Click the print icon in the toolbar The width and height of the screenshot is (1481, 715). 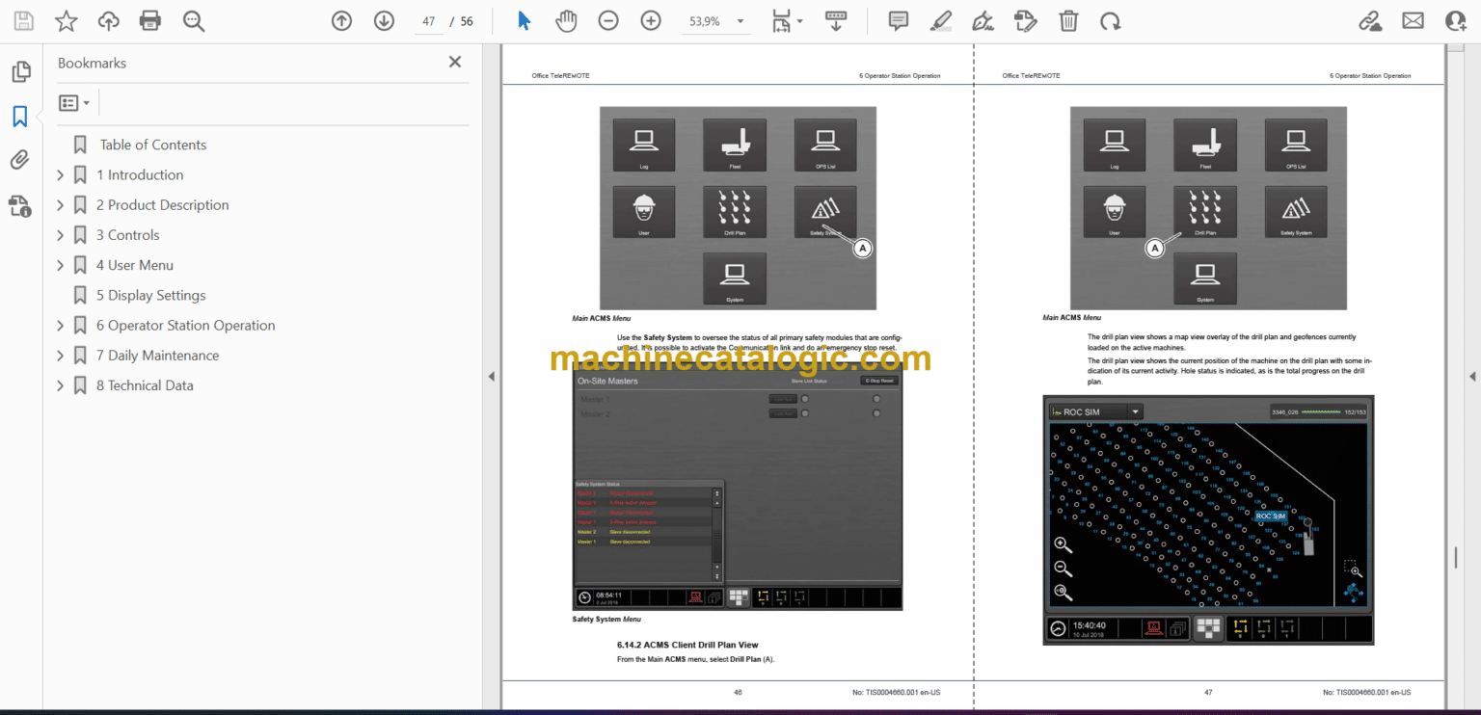coord(149,20)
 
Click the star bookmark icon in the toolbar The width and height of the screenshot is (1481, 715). coord(66,20)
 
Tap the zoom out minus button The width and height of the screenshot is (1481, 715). coord(607,20)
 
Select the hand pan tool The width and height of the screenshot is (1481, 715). coord(566,20)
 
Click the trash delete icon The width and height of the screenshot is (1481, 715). coord(1068,20)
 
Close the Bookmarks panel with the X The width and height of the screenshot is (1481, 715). coord(455,63)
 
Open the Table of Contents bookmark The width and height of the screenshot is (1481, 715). coord(153,145)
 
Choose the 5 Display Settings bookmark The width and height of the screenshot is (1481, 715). coord(150,295)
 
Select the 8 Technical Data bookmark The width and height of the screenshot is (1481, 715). coord(145,385)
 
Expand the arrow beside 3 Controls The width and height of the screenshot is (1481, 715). coord(60,235)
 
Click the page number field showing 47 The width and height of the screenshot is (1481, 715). coord(428,21)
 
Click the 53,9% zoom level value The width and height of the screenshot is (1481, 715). coord(704,21)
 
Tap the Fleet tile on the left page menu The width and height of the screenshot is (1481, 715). coord(735,146)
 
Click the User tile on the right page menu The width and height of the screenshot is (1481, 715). coord(1115,212)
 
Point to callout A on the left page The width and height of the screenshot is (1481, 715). coord(863,249)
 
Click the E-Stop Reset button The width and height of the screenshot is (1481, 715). coord(879,381)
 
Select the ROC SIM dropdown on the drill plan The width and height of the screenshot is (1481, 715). coord(1095,411)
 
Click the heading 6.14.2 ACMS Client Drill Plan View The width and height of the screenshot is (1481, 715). coord(687,645)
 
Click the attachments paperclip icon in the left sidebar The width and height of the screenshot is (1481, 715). coord(19,160)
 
